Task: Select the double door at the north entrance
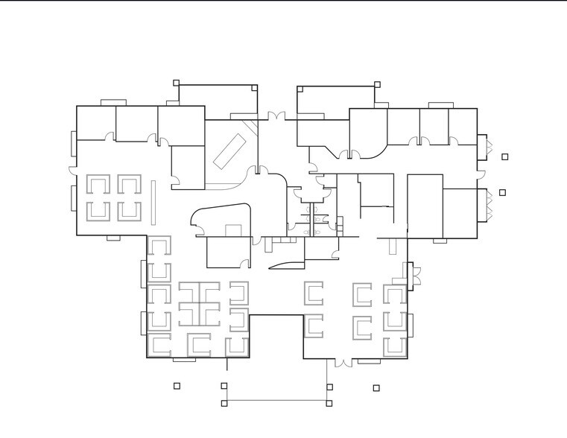coord(277,117)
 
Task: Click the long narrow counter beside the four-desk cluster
coord(152,200)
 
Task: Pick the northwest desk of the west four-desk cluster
coord(98,184)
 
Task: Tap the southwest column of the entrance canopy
coord(224,404)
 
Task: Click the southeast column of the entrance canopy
coord(329,404)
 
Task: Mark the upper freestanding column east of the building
coord(505,156)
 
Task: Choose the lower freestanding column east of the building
coord(503,192)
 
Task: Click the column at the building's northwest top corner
coord(177,83)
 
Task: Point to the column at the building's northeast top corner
coord(377,84)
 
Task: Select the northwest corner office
coord(96,123)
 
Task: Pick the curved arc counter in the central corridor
coord(286,265)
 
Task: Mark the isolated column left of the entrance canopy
coord(177,386)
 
